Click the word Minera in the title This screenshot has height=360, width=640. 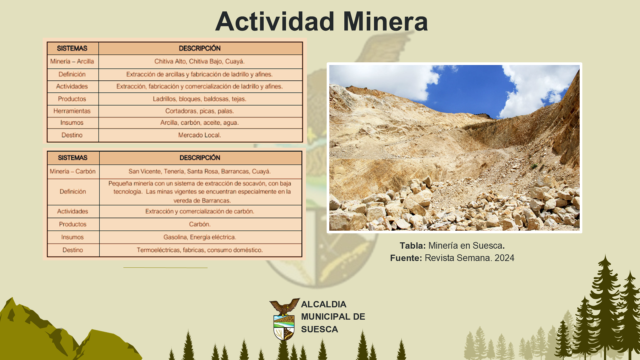point(385,21)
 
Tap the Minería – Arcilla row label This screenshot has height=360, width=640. point(72,61)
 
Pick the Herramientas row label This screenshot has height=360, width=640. point(72,111)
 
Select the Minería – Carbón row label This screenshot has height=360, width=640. point(73,171)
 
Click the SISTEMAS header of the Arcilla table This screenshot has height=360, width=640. point(72,48)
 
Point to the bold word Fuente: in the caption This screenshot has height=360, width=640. point(406,258)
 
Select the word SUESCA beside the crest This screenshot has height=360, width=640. point(319,329)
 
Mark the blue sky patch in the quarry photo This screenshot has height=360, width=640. point(470,88)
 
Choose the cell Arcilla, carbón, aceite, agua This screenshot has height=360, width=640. point(199,123)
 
